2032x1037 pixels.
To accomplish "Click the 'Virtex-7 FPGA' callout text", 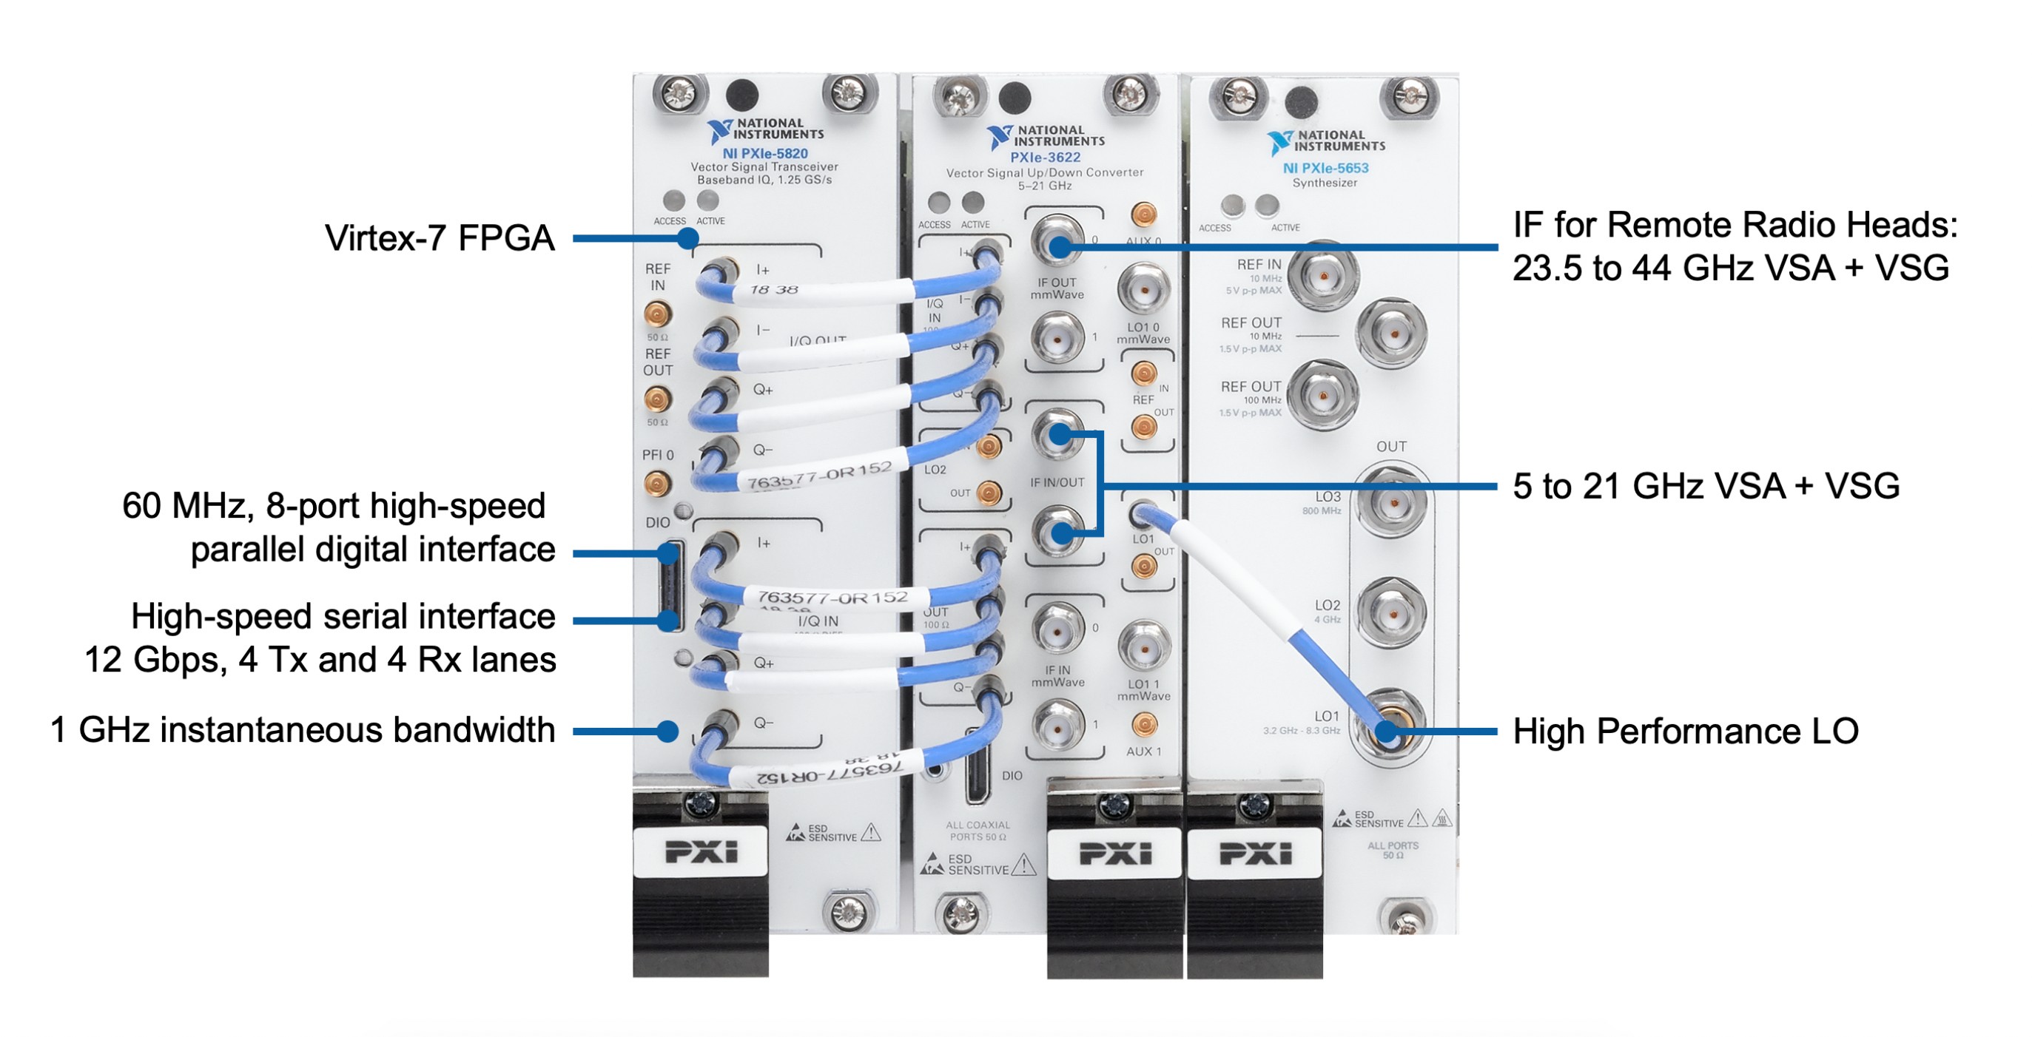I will (x=440, y=238).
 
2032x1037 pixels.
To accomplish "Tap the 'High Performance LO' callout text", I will (x=1685, y=731).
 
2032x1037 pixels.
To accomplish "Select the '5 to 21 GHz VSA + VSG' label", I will (x=1706, y=486).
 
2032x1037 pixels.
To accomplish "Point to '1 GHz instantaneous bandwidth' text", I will (x=302, y=730).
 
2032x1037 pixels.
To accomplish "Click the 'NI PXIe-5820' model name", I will (x=764, y=154).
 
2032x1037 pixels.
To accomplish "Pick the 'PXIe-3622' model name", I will (x=1045, y=158).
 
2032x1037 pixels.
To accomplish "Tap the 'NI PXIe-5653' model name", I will (x=1325, y=168).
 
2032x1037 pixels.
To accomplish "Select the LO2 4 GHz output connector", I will (x=1390, y=613).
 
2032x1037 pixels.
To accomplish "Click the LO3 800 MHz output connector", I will (x=1390, y=502).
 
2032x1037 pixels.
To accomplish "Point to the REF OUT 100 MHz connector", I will (x=1324, y=395).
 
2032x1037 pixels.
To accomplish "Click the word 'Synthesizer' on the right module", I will (x=1325, y=183).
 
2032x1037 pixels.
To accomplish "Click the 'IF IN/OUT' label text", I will (x=1057, y=482).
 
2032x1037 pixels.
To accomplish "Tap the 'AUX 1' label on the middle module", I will (x=1144, y=751).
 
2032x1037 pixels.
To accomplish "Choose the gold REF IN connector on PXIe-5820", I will (x=657, y=314).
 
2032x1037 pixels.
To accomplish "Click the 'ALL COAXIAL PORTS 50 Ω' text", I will (x=978, y=831).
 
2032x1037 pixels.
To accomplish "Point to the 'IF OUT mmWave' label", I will (x=1057, y=288).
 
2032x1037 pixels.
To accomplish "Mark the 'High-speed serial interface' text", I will (x=343, y=617).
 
